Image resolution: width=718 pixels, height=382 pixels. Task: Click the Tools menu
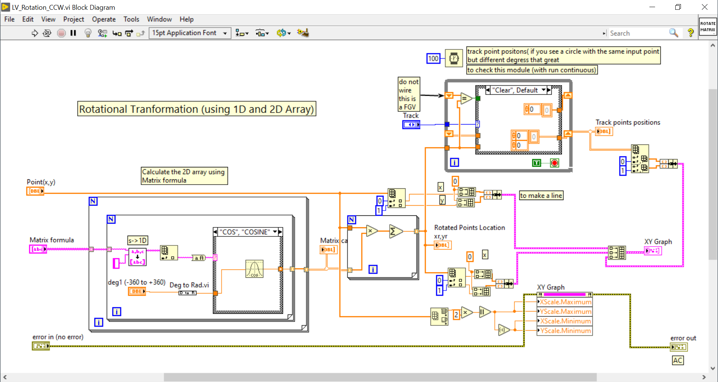tap(131, 19)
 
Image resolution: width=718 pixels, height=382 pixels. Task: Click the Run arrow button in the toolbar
tap(34, 33)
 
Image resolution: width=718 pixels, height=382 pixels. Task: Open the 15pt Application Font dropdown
tap(190, 33)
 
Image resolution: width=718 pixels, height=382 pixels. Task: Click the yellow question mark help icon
tap(690, 33)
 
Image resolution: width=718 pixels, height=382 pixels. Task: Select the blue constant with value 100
tap(433, 59)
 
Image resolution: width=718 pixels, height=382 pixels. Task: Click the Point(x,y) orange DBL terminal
tap(35, 191)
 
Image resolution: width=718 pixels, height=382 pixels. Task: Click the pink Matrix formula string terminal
tap(38, 249)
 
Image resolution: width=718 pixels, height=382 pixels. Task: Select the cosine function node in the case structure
tap(254, 269)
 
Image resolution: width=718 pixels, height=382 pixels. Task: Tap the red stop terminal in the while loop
tap(555, 163)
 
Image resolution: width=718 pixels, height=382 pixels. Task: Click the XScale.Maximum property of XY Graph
tap(565, 302)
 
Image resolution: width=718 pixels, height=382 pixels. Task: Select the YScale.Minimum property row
tap(565, 331)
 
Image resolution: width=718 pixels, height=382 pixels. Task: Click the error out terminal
tap(679, 347)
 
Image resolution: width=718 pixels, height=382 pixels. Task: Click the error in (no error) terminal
tap(40, 346)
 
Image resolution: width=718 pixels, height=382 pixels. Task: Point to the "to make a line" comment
tap(541, 196)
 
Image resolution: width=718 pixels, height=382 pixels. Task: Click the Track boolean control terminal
tap(411, 125)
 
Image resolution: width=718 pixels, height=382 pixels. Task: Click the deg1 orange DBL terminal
tap(137, 291)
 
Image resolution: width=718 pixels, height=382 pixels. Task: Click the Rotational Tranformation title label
tap(196, 109)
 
